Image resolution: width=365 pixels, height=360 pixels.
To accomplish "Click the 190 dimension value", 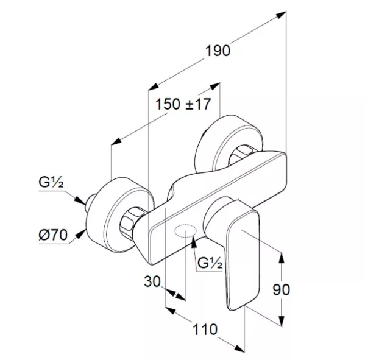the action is coord(218,51).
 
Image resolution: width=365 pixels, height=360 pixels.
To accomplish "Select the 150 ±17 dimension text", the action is coord(183,104).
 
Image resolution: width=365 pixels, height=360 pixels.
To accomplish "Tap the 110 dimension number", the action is coord(205,330).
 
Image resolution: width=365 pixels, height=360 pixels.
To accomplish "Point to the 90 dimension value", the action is coord(281,290).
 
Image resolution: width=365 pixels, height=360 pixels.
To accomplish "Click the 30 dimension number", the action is coord(152,281).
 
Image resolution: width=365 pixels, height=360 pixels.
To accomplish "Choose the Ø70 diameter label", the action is coord(53,235).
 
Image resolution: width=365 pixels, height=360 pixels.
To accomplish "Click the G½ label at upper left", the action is coord(51,182).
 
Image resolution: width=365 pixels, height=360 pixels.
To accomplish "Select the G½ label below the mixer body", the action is coord(210,263).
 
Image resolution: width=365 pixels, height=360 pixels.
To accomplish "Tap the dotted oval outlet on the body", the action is coord(185,231).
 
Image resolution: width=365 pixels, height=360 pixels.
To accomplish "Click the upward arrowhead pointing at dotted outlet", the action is coord(194,240).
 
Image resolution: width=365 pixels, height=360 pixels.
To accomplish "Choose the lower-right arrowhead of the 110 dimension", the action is coord(239,348).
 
